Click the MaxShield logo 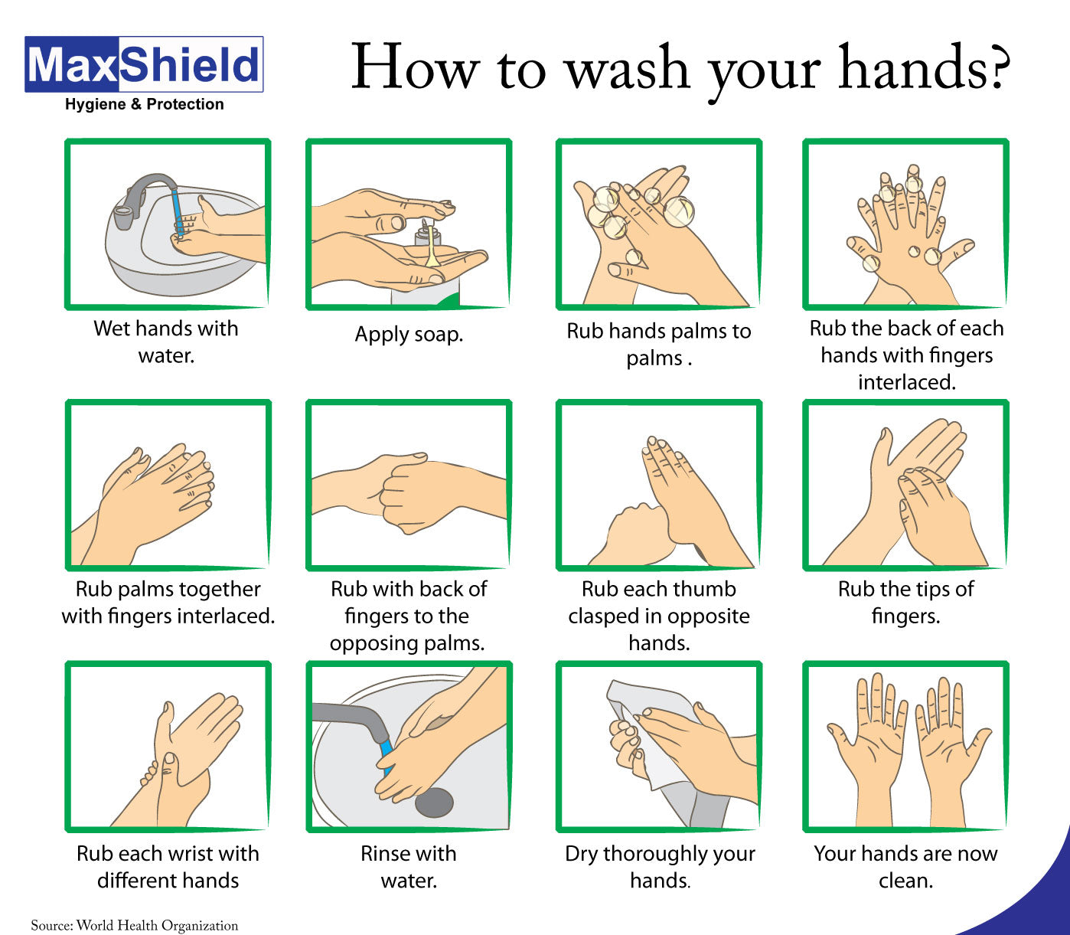pyautogui.click(x=144, y=65)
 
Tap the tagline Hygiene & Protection pyautogui.click(x=144, y=104)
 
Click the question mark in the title pyautogui.click(x=996, y=67)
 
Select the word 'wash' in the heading pyautogui.click(x=626, y=69)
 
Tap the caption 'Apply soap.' pyautogui.click(x=409, y=335)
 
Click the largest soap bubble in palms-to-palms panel pyautogui.click(x=678, y=211)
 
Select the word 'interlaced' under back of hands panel pyautogui.click(x=905, y=382)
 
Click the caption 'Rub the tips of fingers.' pyautogui.click(x=905, y=602)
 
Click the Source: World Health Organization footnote pyautogui.click(x=134, y=925)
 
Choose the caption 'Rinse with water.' pyautogui.click(x=409, y=867)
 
